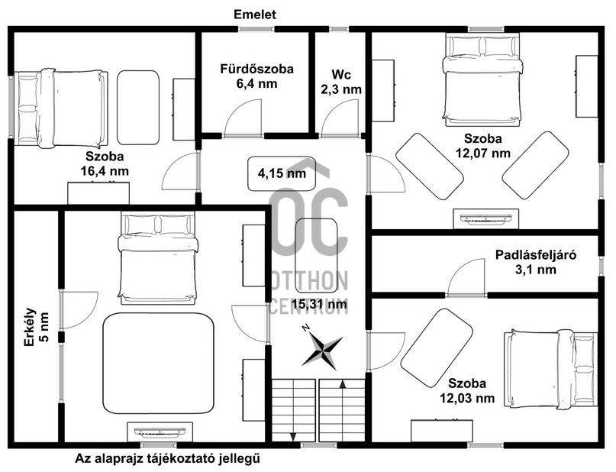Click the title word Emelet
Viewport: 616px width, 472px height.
pos(255,15)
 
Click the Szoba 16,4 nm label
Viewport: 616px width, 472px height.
pos(106,163)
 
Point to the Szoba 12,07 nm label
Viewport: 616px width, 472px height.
pos(482,145)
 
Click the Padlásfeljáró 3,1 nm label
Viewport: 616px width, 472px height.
pos(534,262)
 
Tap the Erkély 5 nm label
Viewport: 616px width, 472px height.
pos(36,327)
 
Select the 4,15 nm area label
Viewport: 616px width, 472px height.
pos(282,173)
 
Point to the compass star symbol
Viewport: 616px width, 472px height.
pos(321,350)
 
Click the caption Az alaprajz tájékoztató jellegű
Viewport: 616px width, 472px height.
pos(173,459)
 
